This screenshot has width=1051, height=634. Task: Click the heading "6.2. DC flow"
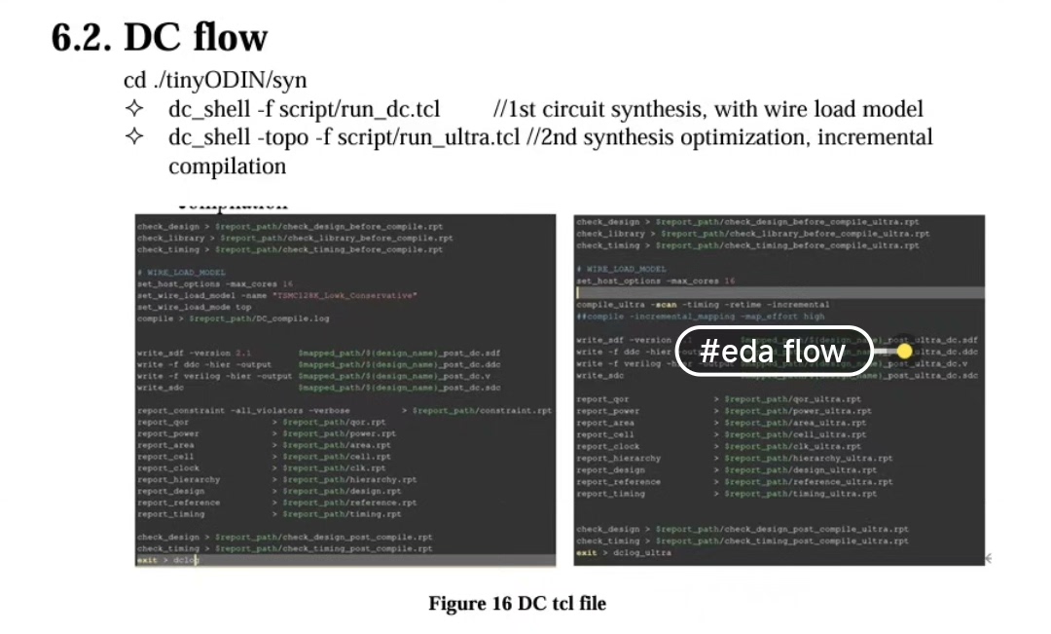(x=159, y=38)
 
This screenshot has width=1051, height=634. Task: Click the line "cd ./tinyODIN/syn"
(x=215, y=80)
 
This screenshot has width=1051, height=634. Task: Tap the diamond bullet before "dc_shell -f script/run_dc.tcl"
(x=135, y=109)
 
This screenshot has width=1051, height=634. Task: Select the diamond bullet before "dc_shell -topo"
(x=135, y=137)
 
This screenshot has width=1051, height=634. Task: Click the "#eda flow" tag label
(x=773, y=351)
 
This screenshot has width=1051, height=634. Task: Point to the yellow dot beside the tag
(x=904, y=351)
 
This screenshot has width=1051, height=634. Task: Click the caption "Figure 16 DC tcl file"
(x=517, y=604)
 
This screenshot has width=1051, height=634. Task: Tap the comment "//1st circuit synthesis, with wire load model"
(x=707, y=109)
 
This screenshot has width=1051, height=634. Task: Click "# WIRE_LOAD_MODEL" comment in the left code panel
(x=181, y=273)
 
